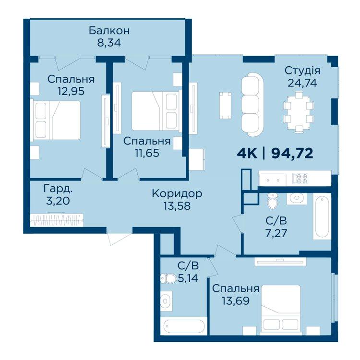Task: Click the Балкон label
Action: click(109, 31)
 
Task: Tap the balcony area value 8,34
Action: click(109, 43)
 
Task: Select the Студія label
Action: click(302, 71)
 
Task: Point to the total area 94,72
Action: click(292, 154)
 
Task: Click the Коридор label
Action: click(177, 193)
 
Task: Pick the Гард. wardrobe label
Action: click(58, 189)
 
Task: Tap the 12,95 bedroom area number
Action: click(71, 91)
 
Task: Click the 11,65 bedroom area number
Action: click(147, 153)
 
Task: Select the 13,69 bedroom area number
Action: click(236, 300)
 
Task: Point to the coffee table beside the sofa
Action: click(225, 106)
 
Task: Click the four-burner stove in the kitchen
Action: click(300, 179)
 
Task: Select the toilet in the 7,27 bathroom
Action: click(273, 201)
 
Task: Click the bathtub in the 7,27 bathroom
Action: click(322, 217)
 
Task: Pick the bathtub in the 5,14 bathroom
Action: click(183, 326)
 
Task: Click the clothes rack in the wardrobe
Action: click(57, 220)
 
